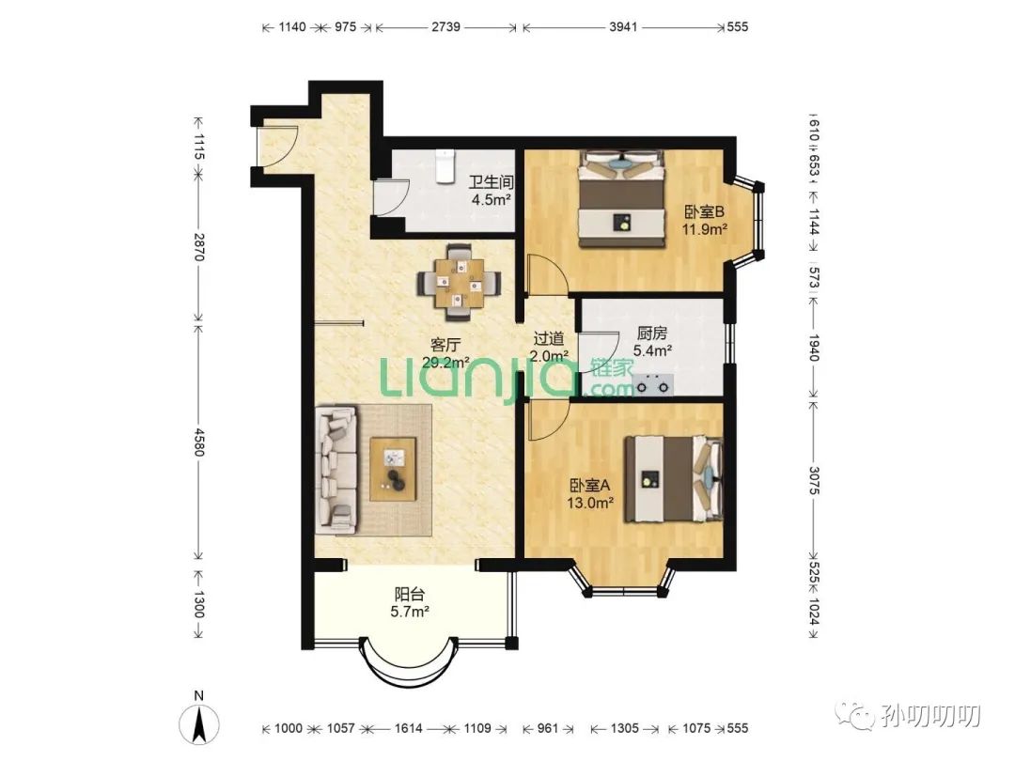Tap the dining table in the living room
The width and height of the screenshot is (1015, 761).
click(459, 283)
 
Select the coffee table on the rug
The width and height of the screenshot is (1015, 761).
click(393, 469)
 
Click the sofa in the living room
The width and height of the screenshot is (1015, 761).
click(336, 470)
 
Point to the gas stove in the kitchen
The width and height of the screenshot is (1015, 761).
click(653, 384)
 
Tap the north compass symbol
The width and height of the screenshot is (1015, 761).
click(198, 721)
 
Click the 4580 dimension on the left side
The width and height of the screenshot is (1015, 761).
click(199, 442)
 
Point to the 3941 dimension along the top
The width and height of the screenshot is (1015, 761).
click(623, 26)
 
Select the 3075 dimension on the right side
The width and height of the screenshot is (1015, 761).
click(814, 480)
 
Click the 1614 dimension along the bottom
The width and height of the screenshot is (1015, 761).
click(409, 728)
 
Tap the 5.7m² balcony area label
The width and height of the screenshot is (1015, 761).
click(409, 611)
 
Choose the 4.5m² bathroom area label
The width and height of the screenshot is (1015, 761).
click(492, 199)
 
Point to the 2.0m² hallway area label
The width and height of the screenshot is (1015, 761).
click(549, 355)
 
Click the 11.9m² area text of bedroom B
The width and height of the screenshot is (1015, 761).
click(704, 229)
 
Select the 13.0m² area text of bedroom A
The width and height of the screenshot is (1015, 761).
click(590, 502)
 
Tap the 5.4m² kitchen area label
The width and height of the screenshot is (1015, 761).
click(652, 350)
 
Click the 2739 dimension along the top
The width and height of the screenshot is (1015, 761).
click(445, 26)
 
